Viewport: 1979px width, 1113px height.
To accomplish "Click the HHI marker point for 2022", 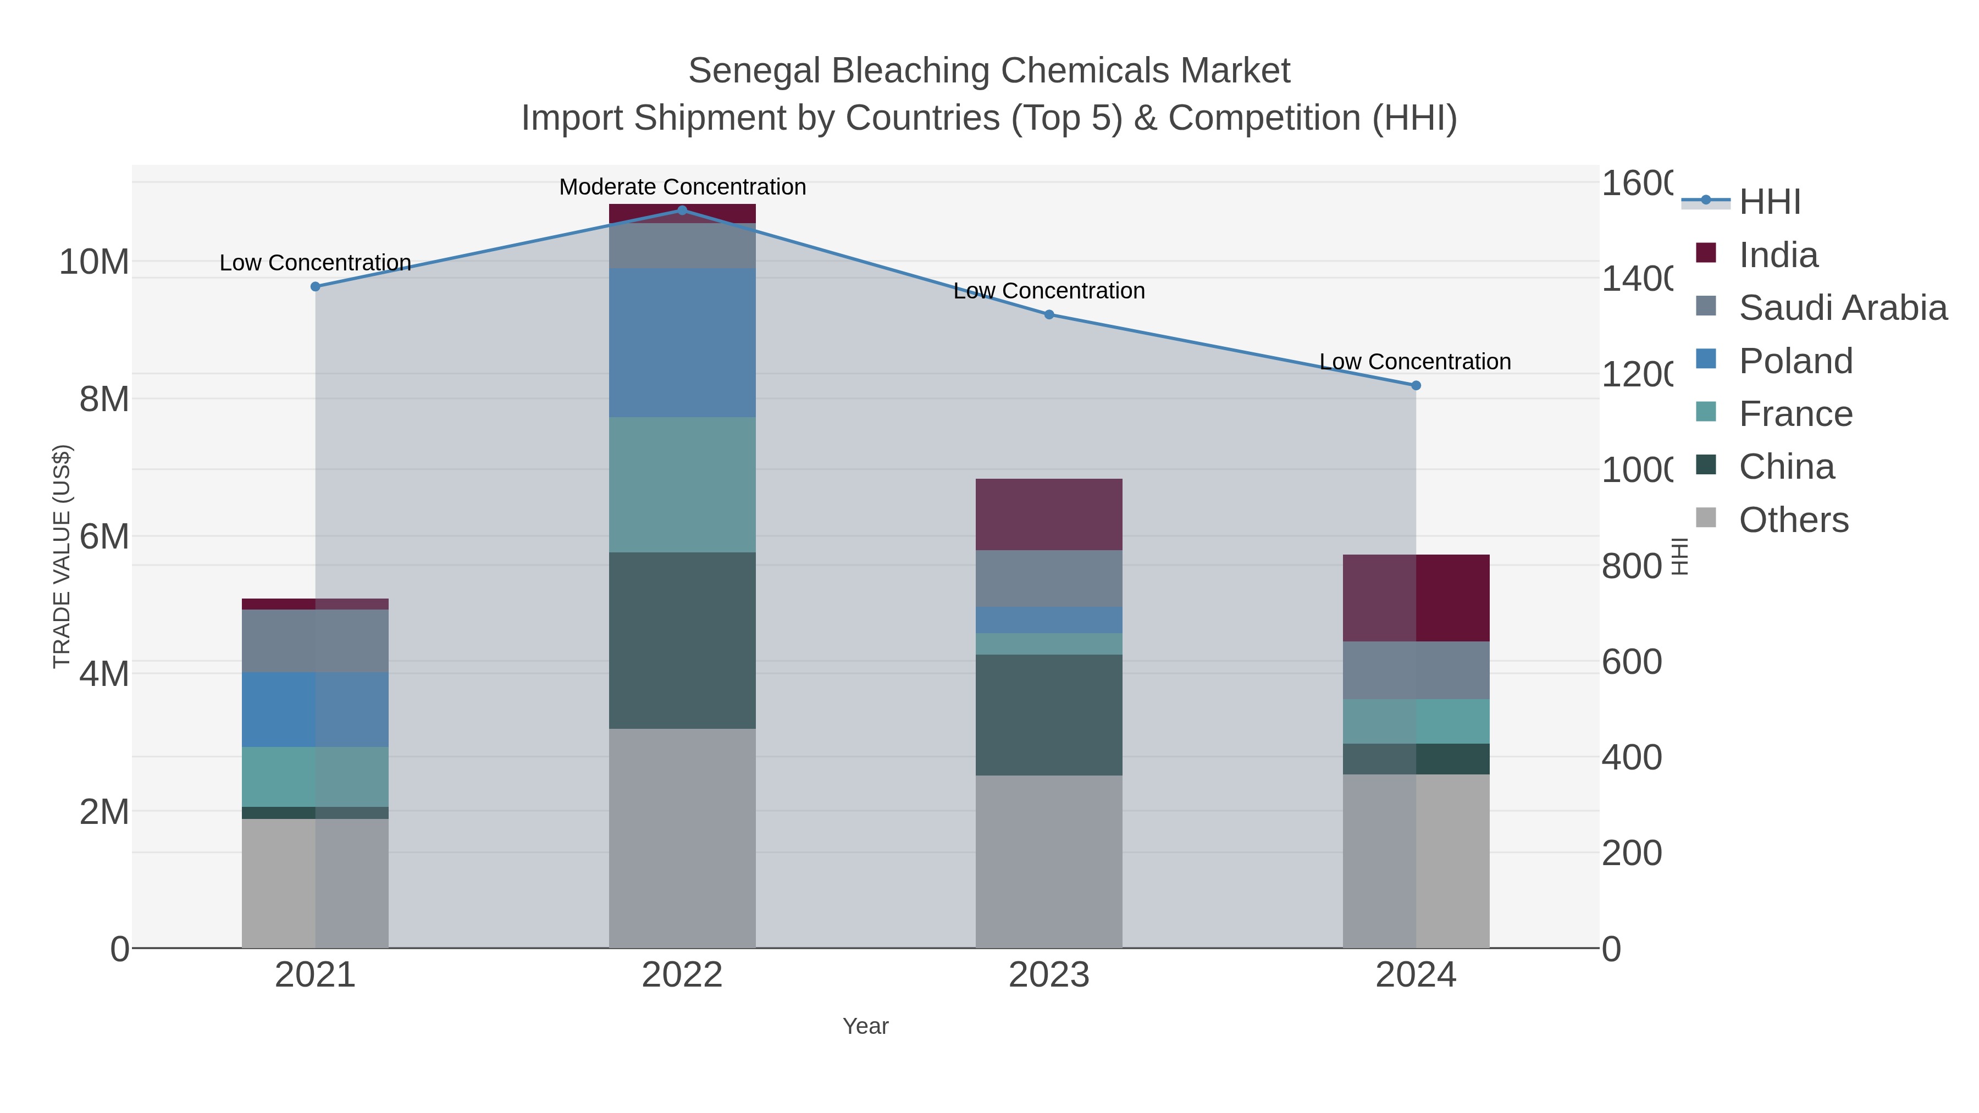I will (x=682, y=210).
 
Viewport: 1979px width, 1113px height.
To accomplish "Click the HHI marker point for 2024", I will (x=1416, y=386).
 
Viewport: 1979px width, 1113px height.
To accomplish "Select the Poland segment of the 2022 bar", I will (x=682, y=342).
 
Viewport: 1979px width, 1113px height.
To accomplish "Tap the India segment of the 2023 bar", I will (x=1049, y=514).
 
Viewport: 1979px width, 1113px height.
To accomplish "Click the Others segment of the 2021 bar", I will (x=315, y=883).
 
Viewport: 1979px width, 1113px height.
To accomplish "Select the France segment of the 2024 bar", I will (x=1416, y=721).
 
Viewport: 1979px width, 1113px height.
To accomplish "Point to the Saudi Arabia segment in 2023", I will (x=1049, y=578).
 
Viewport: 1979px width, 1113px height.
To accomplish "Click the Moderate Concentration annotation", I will (x=682, y=187).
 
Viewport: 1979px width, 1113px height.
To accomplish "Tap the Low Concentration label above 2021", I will (x=315, y=263).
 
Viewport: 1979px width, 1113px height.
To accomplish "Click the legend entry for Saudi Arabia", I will (x=1842, y=307).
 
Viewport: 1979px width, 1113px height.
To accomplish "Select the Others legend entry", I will (x=1793, y=520).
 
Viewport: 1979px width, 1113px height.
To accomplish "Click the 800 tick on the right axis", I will (x=1632, y=566).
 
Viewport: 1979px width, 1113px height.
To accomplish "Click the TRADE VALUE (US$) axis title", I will (x=62, y=556).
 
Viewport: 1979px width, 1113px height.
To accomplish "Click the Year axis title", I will (x=865, y=1026).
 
